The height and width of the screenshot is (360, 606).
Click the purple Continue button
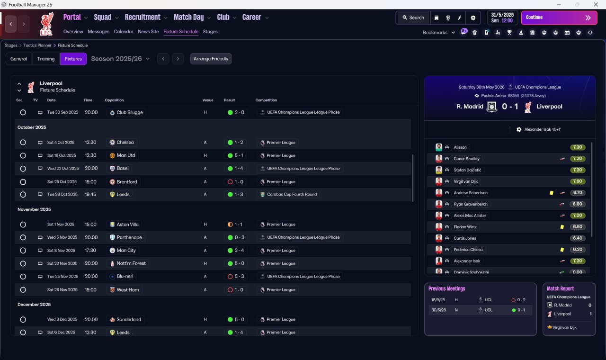click(x=559, y=18)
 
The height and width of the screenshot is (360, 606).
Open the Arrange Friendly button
click(x=211, y=59)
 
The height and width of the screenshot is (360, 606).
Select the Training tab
click(x=46, y=59)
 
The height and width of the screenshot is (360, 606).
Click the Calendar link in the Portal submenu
click(x=124, y=32)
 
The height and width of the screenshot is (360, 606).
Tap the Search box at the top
click(x=413, y=18)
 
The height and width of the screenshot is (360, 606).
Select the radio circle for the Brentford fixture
click(x=23, y=182)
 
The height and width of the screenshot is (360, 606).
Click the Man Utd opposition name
click(x=126, y=155)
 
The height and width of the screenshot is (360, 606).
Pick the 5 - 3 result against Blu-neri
click(x=236, y=276)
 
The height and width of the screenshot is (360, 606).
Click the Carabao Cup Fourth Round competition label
click(x=292, y=194)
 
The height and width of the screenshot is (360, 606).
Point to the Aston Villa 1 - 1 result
click(x=235, y=225)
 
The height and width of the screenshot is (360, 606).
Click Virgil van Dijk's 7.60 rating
click(x=577, y=181)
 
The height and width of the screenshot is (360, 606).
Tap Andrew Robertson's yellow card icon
click(x=552, y=193)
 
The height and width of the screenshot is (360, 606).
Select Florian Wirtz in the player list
click(x=465, y=227)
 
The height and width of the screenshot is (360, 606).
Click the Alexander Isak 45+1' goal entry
click(x=539, y=129)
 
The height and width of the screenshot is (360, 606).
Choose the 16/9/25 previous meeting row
click(x=480, y=300)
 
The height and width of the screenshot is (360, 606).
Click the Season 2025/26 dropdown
click(x=120, y=59)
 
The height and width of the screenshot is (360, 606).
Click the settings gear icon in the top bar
click(x=473, y=18)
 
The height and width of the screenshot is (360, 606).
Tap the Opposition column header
click(x=114, y=100)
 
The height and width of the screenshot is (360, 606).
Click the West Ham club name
click(x=128, y=289)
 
